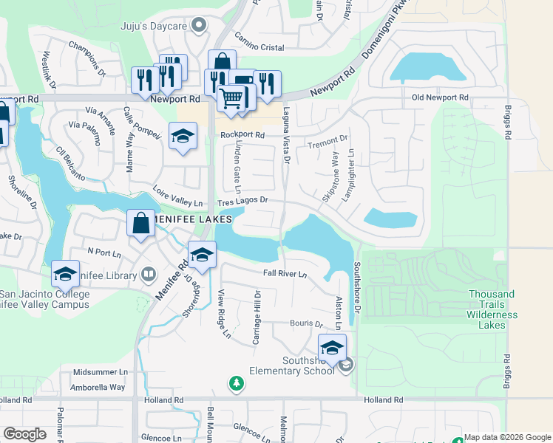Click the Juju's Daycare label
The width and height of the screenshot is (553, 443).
(156, 26)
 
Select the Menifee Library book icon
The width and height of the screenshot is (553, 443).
(149, 275)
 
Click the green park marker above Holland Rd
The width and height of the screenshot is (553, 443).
(236, 383)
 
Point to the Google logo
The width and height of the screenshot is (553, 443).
(24, 434)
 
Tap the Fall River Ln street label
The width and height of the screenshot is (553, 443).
(285, 273)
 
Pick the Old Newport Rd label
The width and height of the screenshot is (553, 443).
(440, 97)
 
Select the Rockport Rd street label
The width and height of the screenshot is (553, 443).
(240, 135)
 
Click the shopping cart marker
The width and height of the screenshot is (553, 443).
(232, 98)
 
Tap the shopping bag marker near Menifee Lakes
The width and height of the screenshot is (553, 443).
(140, 223)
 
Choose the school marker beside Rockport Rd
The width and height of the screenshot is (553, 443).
(183, 137)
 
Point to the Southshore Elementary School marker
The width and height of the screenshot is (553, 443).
(333, 347)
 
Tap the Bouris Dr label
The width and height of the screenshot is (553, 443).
(307, 323)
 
